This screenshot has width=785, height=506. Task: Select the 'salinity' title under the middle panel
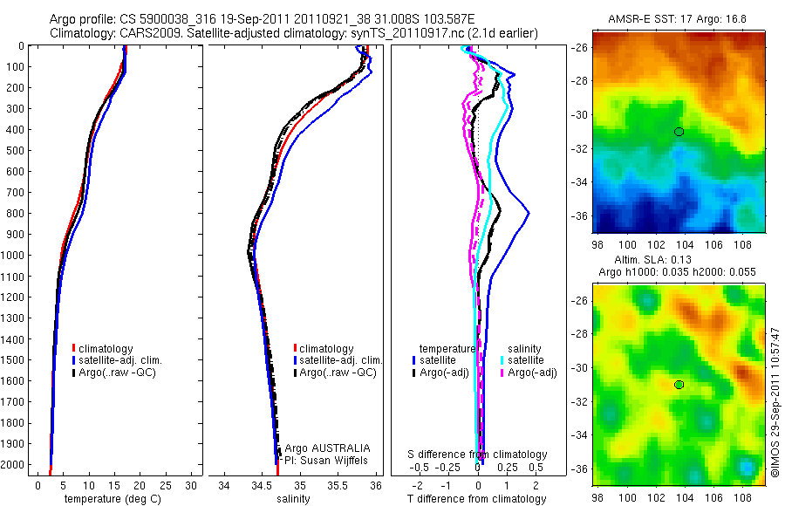coord(294,499)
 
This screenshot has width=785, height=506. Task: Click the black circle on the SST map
coord(679,132)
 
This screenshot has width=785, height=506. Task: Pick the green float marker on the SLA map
coord(679,385)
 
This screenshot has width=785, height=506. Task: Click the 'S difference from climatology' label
coord(478,455)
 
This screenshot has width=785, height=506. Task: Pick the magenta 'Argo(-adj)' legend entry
coord(526,373)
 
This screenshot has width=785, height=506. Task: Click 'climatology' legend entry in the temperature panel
coord(106,348)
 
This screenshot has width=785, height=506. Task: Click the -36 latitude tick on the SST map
coord(582,215)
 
